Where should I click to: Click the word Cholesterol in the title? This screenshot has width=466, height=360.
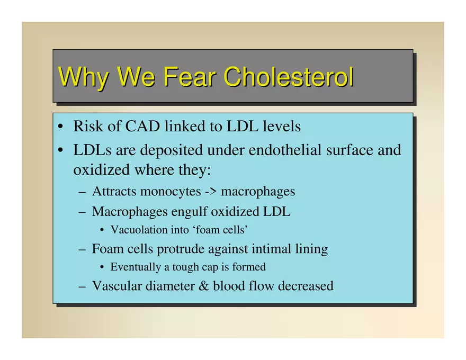(288, 77)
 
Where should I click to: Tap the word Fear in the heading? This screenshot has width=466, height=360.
(190, 77)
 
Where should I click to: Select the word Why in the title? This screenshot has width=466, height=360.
(83, 78)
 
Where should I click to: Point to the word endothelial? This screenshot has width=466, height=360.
(285, 149)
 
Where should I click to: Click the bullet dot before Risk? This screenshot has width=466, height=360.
(60, 127)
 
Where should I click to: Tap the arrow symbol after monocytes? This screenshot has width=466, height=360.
(210, 191)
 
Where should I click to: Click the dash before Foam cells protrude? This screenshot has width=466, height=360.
(82, 249)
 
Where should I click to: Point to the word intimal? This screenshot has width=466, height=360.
(271, 249)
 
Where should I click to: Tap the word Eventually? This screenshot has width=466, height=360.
(136, 267)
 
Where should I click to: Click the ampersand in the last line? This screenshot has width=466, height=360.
(204, 286)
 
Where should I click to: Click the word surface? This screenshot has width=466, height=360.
(349, 149)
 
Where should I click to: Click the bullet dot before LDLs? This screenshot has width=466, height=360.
(60, 150)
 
